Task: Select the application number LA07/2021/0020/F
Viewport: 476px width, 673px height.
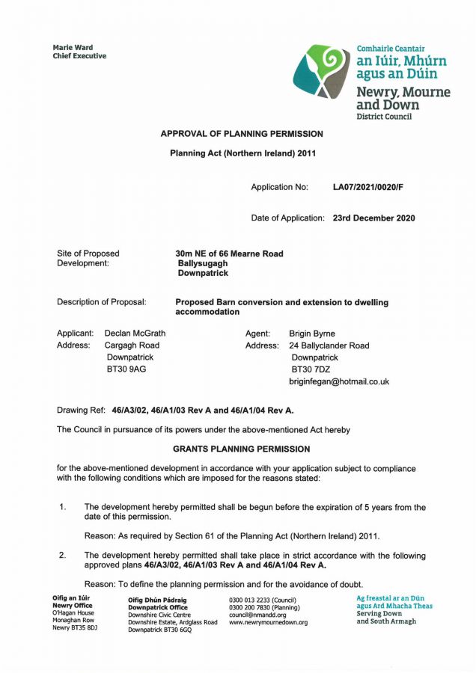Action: coord(372,187)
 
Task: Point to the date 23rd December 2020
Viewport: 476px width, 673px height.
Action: coord(373,218)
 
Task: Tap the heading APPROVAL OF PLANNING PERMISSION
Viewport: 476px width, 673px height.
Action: coord(242,134)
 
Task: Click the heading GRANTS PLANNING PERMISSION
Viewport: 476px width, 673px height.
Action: coord(241,449)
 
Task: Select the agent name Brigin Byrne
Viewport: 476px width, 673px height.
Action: coord(312,334)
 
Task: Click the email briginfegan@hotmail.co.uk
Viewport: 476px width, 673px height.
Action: coord(339,381)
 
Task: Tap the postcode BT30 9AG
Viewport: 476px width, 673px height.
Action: coord(126,369)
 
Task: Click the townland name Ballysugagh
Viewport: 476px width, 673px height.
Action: coord(203,263)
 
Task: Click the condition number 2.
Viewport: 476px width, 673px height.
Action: coord(63,556)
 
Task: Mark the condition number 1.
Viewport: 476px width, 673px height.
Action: coord(63,508)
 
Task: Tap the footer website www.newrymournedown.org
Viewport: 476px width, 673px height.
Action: coord(268,622)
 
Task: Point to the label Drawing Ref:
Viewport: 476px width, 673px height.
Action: coord(82,411)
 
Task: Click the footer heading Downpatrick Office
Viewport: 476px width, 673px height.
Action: coord(158,607)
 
